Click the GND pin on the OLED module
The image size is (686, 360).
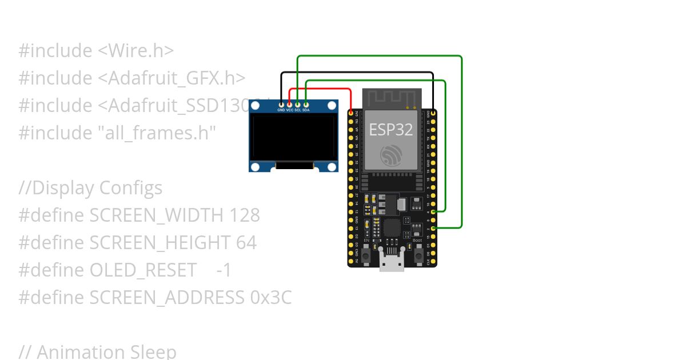(281, 105)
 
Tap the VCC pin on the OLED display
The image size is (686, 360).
(289, 105)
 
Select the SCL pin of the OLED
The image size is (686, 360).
(298, 105)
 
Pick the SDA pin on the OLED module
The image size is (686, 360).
(306, 105)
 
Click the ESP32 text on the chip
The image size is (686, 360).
(390, 130)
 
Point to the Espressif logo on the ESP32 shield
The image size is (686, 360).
(392, 155)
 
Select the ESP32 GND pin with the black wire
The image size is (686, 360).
(433, 114)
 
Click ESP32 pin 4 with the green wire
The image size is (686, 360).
(433, 212)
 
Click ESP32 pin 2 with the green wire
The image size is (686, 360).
(433, 228)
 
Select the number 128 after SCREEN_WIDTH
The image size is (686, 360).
(245, 215)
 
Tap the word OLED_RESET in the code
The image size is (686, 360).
(143, 270)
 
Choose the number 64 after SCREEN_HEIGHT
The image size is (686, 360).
(246, 243)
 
